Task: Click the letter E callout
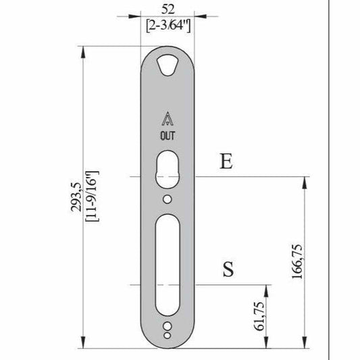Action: point(226,161)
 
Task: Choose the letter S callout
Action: point(228,269)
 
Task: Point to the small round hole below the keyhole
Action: point(167,199)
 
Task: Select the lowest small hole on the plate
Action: point(167,334)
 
